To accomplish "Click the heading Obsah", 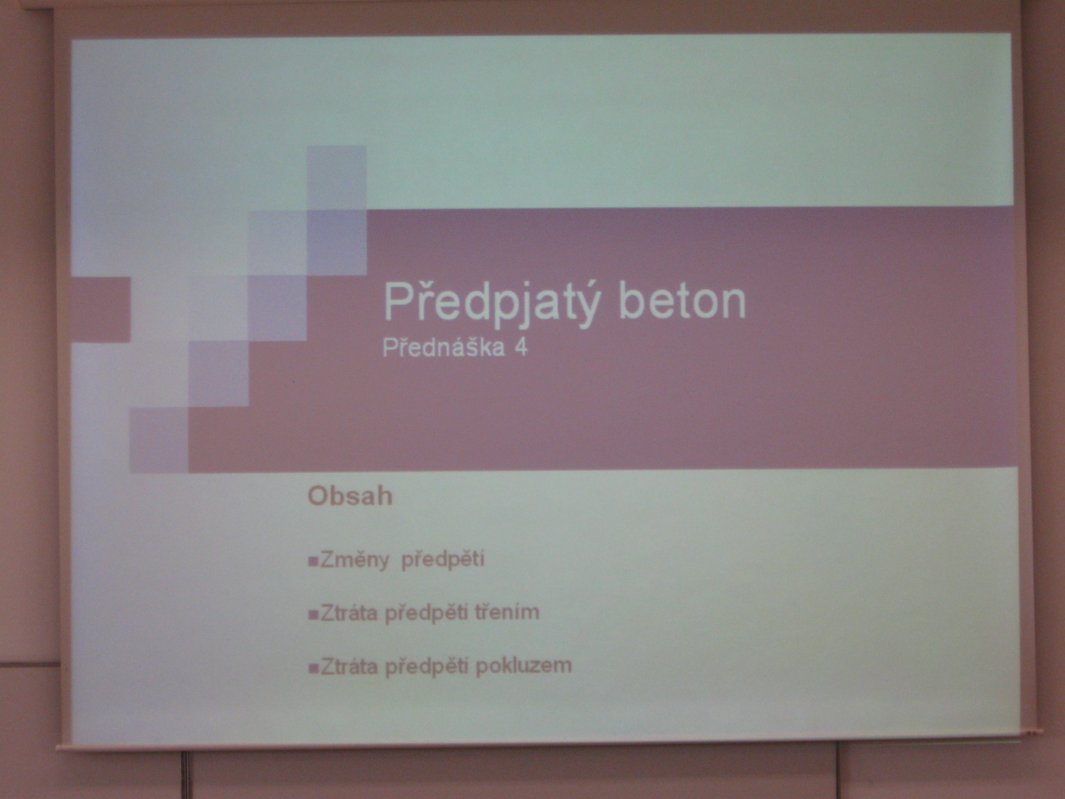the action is point(350,496).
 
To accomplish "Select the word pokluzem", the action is point(523,665).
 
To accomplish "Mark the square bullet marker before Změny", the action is point(313,562).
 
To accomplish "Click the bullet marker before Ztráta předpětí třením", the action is point(313,615).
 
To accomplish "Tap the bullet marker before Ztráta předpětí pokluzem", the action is point(313,668).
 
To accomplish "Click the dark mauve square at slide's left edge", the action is point(100,309).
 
